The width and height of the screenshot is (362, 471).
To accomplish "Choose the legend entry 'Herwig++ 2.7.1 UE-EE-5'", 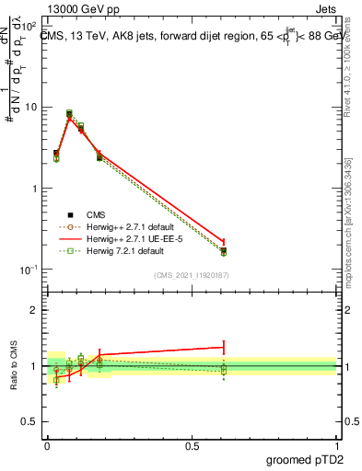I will (134, 237).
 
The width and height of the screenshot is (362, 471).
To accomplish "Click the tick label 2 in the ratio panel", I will (35, 310).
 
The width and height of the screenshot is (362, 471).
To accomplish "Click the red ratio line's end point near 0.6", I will (224, 347).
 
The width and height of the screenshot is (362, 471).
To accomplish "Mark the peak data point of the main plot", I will (69, 113).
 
